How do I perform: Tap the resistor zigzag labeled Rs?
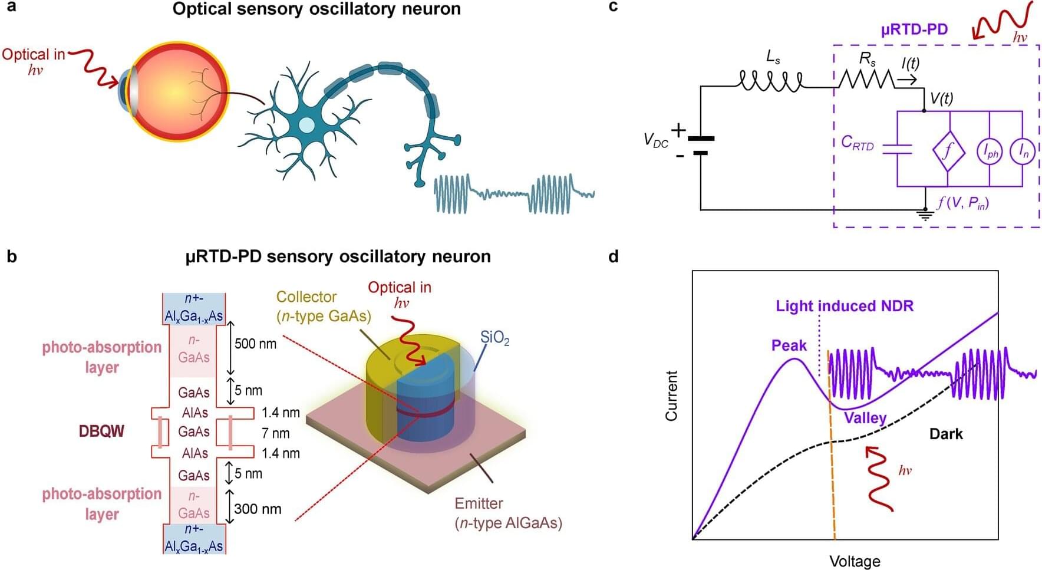coord(867,79)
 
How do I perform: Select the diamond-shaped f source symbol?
coord(948,151)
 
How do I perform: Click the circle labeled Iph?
coord(990,152)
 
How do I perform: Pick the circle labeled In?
coord(1023,152)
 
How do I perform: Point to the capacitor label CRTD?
coord(857,143)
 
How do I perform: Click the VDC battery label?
coord(655,140)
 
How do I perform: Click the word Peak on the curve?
coord(789,345)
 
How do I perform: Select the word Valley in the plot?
coord(865,418)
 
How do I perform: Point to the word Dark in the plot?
coord(946,434)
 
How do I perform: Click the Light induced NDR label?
coord(844,306)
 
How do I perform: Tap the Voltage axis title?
coord(854,561)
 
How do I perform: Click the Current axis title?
coord(671,396)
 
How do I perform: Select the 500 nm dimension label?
coord(255,344)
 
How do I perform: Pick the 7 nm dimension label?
coord(276,433)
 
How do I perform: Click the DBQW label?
coord(101,431)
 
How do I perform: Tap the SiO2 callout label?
coord(494,338)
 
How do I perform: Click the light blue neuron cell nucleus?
coord(306,125)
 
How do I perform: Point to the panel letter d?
coord(614,256)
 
